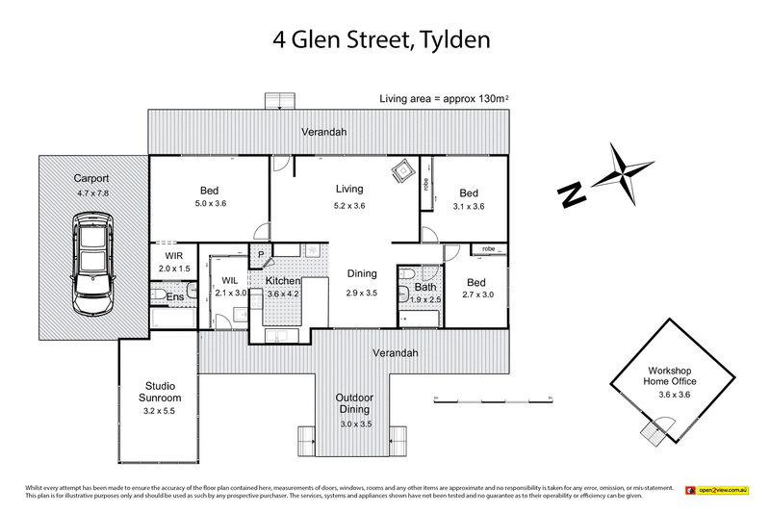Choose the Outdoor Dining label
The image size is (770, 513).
tap(354, 404)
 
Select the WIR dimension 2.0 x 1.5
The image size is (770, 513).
tap(174, 270)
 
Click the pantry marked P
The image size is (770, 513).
tap(259, 253)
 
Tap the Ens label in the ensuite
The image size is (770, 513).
tap(175, 297)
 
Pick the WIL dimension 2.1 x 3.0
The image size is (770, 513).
tap(230, 293)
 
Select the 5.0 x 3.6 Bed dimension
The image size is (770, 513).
tap(210, 204)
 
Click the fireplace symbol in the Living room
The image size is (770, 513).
tap(398, 170)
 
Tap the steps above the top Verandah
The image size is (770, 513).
tap(278, 101)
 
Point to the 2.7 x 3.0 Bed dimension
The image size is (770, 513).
tap(475, 295)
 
